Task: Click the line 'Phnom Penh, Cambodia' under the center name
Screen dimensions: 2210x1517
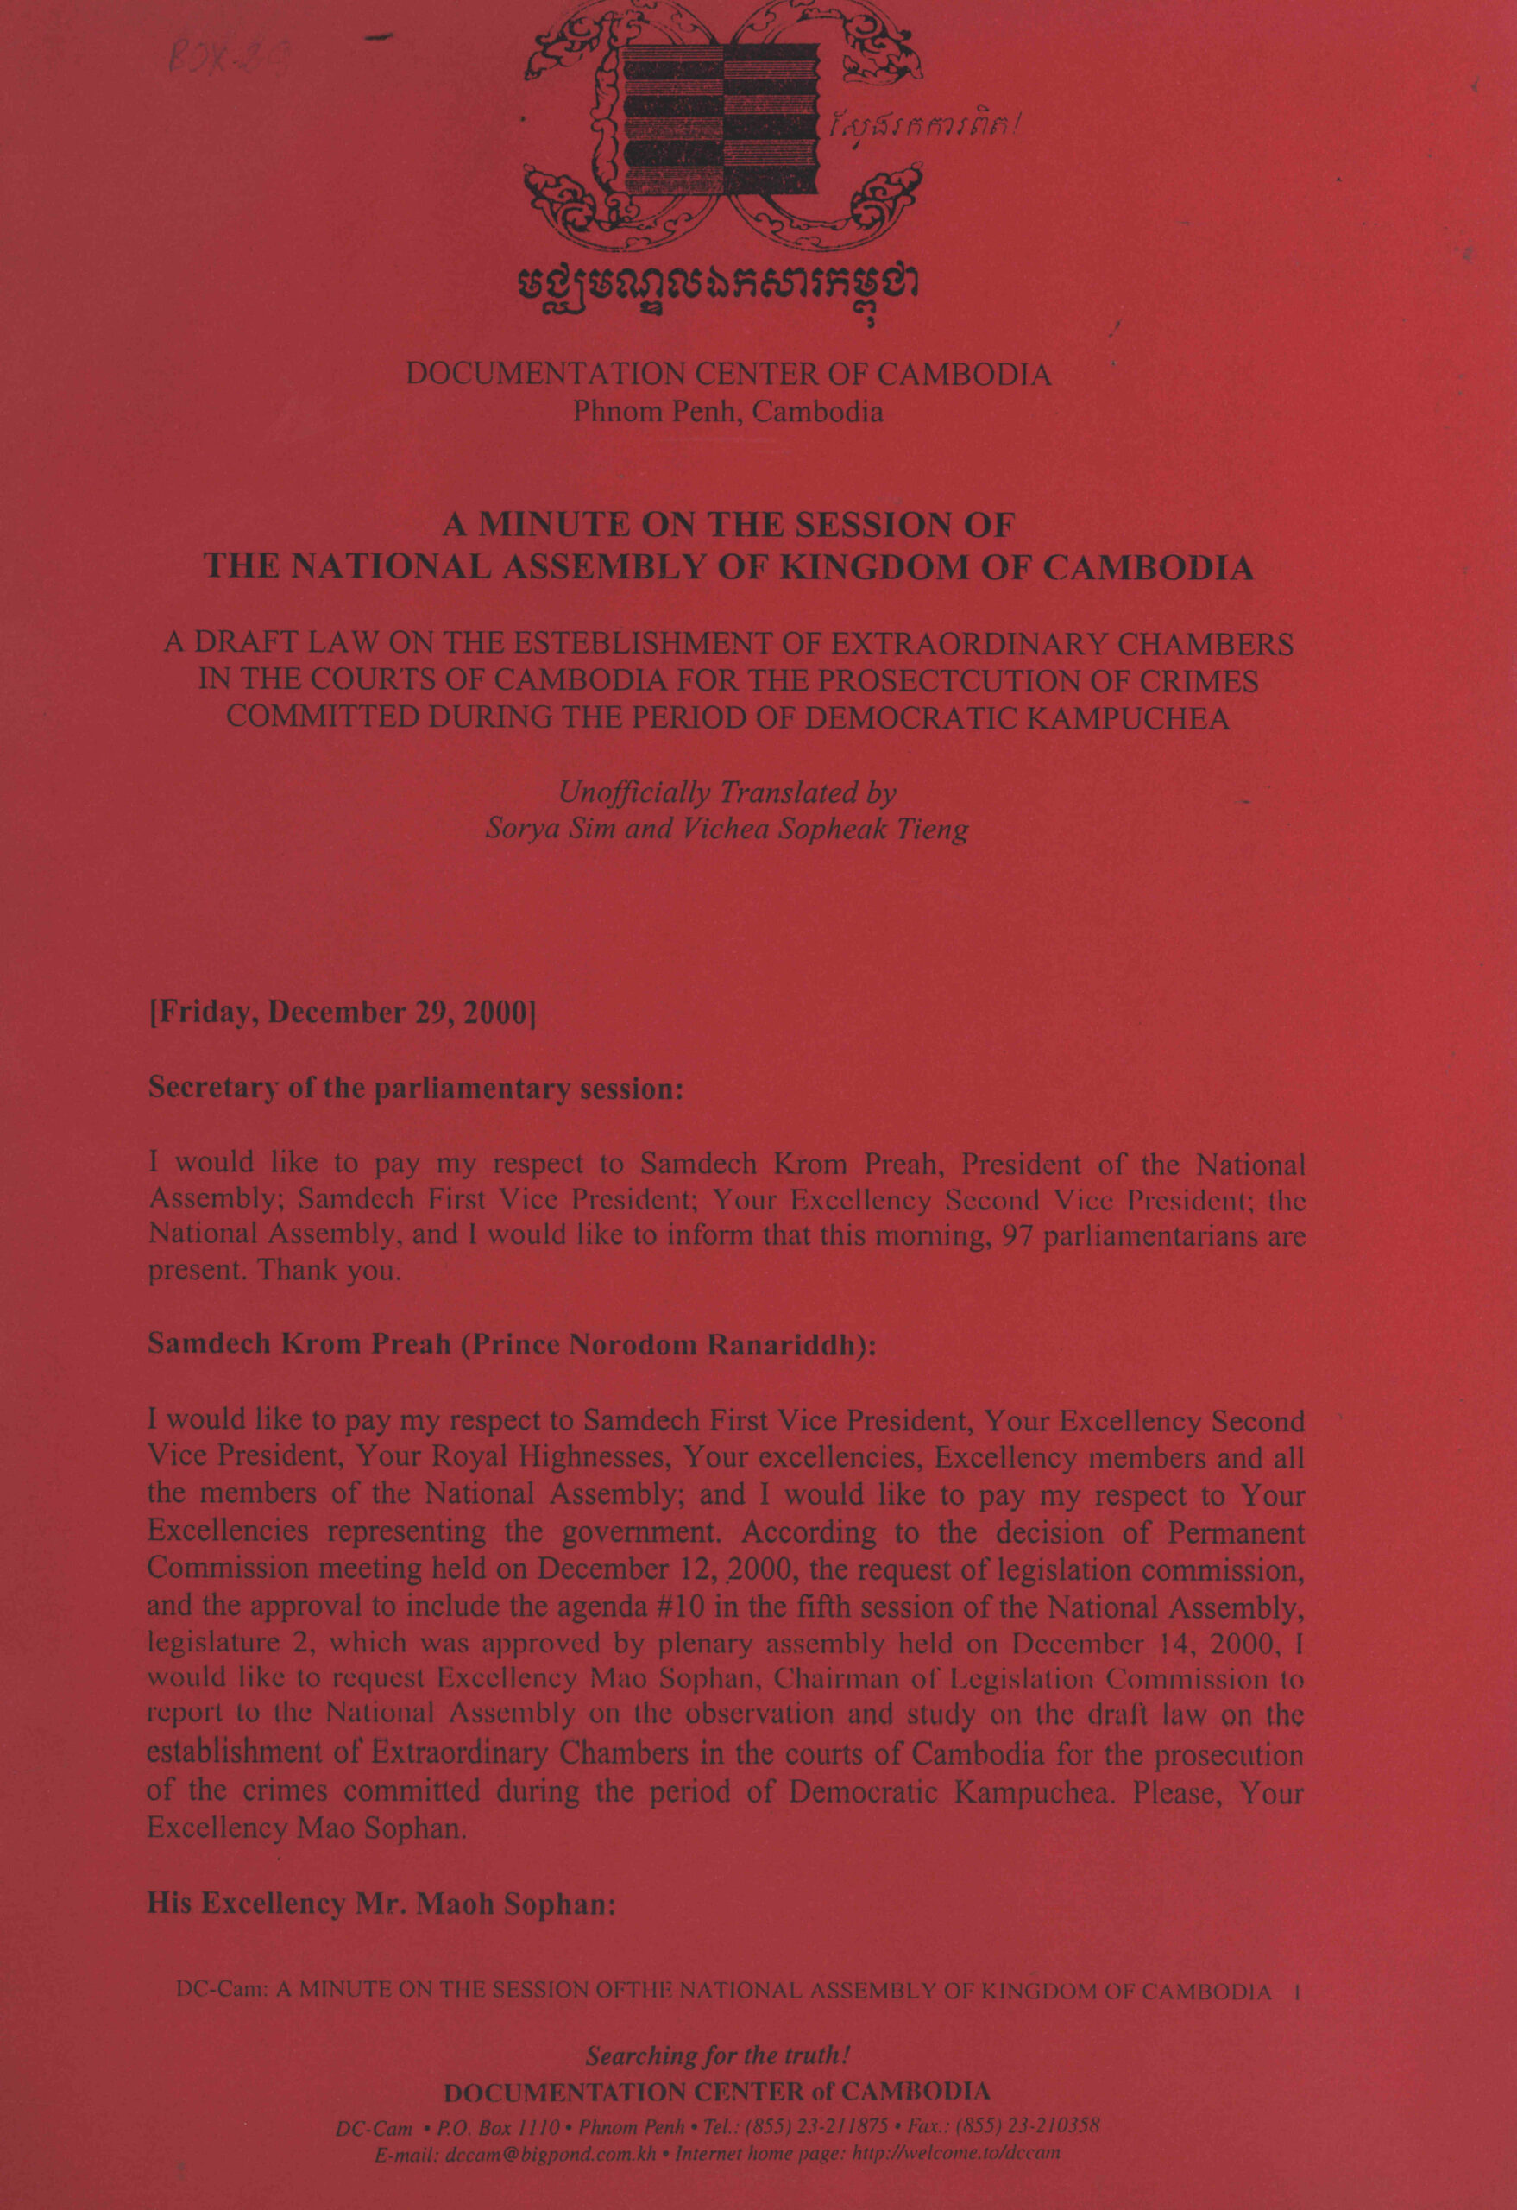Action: [x=727, y=412]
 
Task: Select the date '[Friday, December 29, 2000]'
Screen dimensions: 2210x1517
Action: [x=343, y=1012]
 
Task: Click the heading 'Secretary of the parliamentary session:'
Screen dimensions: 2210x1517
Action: [x=416, y=1088]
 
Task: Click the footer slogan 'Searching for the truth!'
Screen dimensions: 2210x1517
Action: [x=718, y=2056]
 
